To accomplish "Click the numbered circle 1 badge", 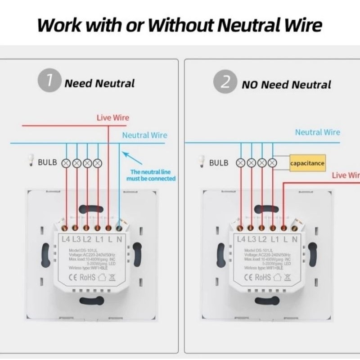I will (x=50, y=82).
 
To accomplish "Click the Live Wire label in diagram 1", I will (x=113, y=118).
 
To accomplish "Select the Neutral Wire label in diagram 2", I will (x=318, y=132).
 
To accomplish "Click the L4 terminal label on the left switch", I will (x=66, y=239).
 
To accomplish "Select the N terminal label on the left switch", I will (x=119, y=239).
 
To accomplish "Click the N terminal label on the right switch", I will (x=295, y=239).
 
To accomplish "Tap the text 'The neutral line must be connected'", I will (x=153, y=175).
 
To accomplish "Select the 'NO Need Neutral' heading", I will (x=286, y=85).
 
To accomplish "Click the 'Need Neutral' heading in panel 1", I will (x=99, y=83).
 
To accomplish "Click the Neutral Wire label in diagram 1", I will (x=144, y=135).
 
